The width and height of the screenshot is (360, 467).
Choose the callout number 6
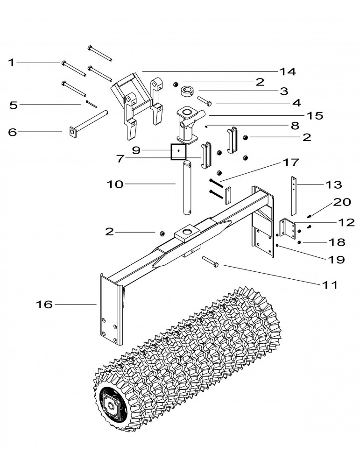[x=13, y=132]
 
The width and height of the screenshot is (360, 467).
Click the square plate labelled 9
[x=178, y=151]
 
